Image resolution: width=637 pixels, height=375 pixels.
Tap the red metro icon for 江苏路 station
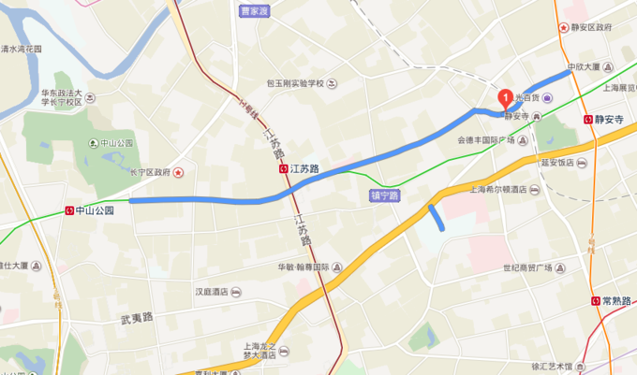[x=283, y=169]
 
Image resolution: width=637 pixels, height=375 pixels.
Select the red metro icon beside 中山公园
[x=69, y=210]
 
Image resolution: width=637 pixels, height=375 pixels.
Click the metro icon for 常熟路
[x=596, y=301]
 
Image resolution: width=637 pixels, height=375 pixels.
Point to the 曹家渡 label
[x=254, y=11]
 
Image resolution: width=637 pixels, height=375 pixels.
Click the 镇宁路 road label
[x=385, y=195]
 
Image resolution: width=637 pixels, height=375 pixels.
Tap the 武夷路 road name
[x=137, y=318]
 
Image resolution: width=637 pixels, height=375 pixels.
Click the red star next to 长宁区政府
[x=179, y=172]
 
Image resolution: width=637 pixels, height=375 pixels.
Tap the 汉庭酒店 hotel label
[x=212, y=292]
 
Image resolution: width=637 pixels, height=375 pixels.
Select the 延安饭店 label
[x=556, y=162]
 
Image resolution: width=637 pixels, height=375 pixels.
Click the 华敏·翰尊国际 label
[x=303, y=267]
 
